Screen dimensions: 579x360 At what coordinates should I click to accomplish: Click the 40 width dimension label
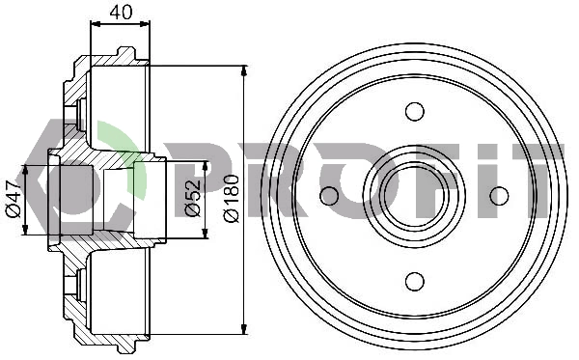tap(121, 13)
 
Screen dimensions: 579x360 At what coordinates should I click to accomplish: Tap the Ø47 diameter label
tap(14, 199)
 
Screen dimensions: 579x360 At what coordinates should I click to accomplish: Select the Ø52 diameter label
tap(192, 198)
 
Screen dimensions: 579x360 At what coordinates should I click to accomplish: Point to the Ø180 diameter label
tap(232, 199)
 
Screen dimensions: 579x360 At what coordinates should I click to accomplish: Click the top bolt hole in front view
tap(415, 111)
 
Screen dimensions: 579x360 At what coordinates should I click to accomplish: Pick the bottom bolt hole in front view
tap(415, 282)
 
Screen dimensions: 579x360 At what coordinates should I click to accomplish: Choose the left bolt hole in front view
tap(329, 196)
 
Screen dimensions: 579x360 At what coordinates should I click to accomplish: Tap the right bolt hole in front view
tap(499, 196)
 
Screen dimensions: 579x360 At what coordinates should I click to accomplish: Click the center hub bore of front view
tap(414, 196)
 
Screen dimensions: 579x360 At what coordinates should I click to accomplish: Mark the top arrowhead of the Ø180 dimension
tap(243, 71)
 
